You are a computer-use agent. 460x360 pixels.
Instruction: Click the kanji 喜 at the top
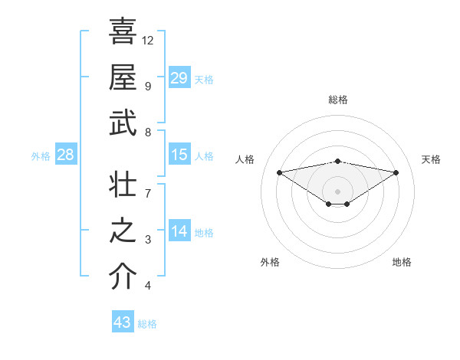pos(123,31)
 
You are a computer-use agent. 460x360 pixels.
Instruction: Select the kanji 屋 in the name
pos(123,77)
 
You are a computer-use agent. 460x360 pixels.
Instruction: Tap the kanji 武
pos(123,123)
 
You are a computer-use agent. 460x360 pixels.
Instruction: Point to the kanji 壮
pos(123,185)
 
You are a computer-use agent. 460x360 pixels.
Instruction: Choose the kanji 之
pos(123,231)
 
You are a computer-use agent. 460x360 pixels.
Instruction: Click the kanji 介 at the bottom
pos(123,277)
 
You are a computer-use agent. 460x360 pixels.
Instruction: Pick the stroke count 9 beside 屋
pos(147,86)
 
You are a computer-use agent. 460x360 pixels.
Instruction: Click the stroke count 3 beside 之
pos(147,240)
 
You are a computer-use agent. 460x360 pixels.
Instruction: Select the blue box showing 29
pos(179,77)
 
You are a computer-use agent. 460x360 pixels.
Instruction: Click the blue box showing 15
pos(179,155)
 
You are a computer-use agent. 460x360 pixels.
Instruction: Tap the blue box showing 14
pos(179,231)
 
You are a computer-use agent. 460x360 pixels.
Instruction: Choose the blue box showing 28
pos(66,155)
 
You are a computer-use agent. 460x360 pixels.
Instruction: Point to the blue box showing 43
pos(123,322)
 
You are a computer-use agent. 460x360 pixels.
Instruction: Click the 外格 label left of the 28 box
pos(41,156)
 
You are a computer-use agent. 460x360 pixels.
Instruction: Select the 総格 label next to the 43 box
pos(147,324)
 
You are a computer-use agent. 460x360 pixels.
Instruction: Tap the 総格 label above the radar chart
pos(338,100)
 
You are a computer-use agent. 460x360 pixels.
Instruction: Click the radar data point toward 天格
pos(396,172)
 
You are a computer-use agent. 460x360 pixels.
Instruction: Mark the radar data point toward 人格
pos(279,172)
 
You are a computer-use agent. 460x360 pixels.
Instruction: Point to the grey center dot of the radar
pos(337,191)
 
